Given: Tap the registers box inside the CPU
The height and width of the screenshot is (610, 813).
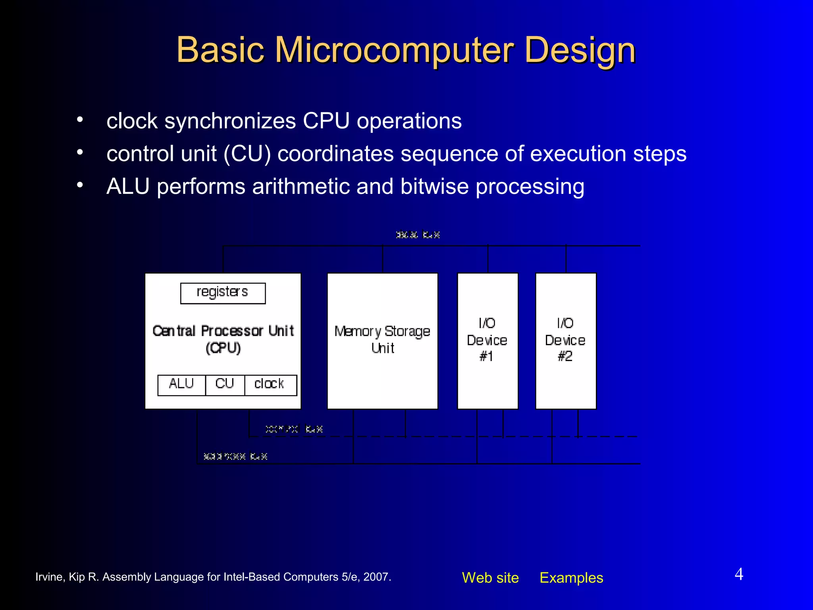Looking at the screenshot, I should coord(223,293).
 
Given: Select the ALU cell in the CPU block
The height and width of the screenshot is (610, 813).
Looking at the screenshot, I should coord(181,384).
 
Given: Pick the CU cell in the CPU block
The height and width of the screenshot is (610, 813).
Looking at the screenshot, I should coord(225,384).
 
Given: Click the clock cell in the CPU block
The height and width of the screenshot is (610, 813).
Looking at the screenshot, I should coord(270,384).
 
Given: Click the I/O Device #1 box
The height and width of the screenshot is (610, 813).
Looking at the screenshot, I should coord(487,340).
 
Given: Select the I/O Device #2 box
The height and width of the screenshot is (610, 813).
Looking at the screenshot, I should coord(566,340).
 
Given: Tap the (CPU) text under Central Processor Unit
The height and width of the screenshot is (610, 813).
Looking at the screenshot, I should coord(223,348).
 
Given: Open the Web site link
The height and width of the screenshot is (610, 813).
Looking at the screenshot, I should coord(490,577).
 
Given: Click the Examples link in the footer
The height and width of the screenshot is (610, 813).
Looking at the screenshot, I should coord(571,577).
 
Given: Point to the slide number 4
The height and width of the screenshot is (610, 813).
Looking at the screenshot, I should coord(739,574).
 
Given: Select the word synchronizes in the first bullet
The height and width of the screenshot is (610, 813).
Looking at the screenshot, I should coord(230,121).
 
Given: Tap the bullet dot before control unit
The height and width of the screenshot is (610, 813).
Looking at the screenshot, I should coord(80,152).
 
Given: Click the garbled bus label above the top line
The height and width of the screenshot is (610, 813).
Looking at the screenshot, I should coord(418,235).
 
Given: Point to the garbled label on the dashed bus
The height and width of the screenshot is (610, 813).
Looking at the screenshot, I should coord(294,429).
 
